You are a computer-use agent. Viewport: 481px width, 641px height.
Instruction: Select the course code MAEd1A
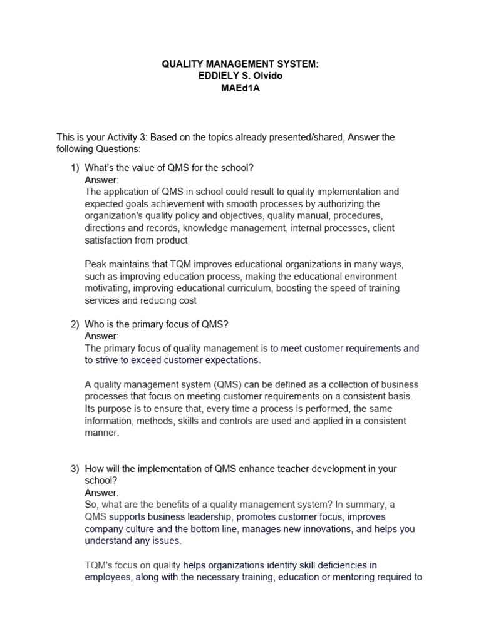tap(240, 88)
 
